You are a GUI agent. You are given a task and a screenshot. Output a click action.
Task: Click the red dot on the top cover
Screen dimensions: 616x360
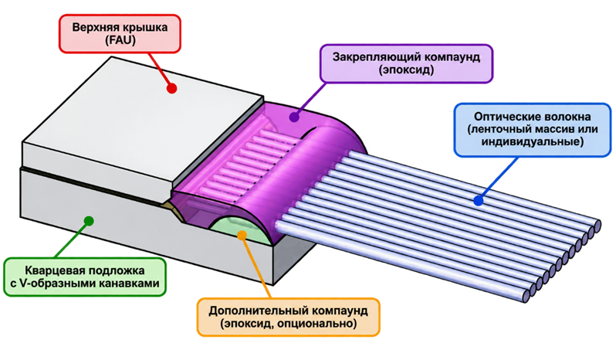171,88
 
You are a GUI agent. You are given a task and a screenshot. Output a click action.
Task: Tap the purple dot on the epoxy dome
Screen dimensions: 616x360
295,117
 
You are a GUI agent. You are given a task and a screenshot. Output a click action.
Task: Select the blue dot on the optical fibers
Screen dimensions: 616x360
478,201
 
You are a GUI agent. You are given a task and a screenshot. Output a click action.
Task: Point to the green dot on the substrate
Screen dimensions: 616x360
90,220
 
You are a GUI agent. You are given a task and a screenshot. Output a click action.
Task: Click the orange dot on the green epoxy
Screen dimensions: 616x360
242,235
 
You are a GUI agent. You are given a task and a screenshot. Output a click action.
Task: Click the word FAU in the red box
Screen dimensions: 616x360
120,40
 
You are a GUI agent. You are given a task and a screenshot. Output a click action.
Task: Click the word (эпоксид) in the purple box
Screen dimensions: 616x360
406,70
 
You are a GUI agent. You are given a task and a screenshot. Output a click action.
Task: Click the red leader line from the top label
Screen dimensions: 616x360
161,70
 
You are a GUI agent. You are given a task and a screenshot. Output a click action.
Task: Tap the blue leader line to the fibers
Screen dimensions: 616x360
497,178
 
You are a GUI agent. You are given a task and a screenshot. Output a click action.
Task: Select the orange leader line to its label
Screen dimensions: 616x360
257,267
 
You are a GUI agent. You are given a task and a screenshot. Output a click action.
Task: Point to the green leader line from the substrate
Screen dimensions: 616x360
73,239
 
